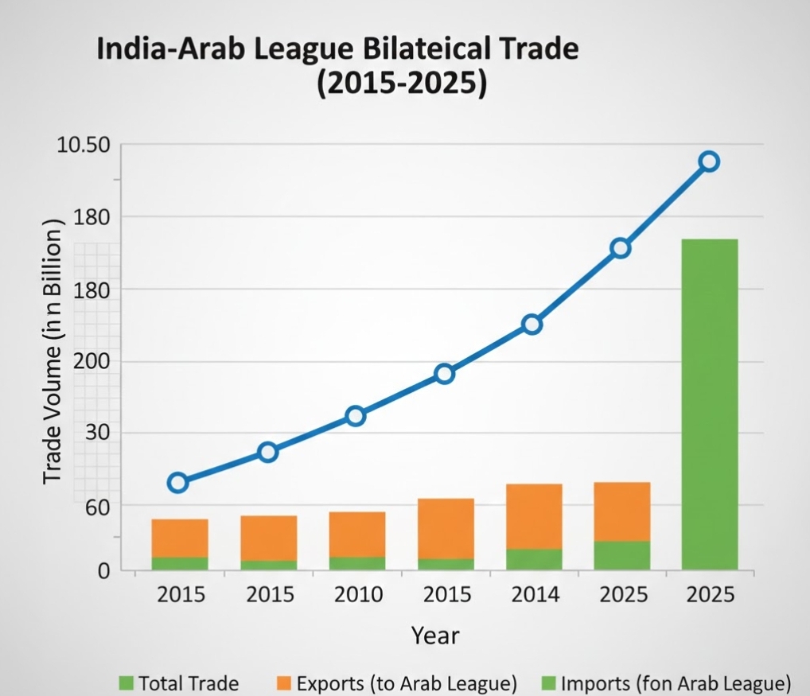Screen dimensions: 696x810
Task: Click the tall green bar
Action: click(709, 404)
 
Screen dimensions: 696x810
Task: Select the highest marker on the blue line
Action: click(708, 161)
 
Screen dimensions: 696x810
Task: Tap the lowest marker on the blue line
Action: click(178, 483)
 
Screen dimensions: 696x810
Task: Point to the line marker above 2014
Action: click(532, 324)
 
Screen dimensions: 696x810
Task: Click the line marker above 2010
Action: click(356, 416)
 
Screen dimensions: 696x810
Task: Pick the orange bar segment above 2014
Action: click(534, 516)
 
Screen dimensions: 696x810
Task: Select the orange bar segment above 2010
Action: click(357, 534)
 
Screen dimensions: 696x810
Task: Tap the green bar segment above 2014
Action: click(534, 559)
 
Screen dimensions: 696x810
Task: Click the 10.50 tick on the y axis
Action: click(83, 146)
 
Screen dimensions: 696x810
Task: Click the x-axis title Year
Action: click(435, 636)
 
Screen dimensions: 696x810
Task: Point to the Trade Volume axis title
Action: click(53, 351)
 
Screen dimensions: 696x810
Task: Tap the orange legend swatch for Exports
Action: click(284, 682)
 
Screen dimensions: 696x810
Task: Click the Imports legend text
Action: click(676, 682)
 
